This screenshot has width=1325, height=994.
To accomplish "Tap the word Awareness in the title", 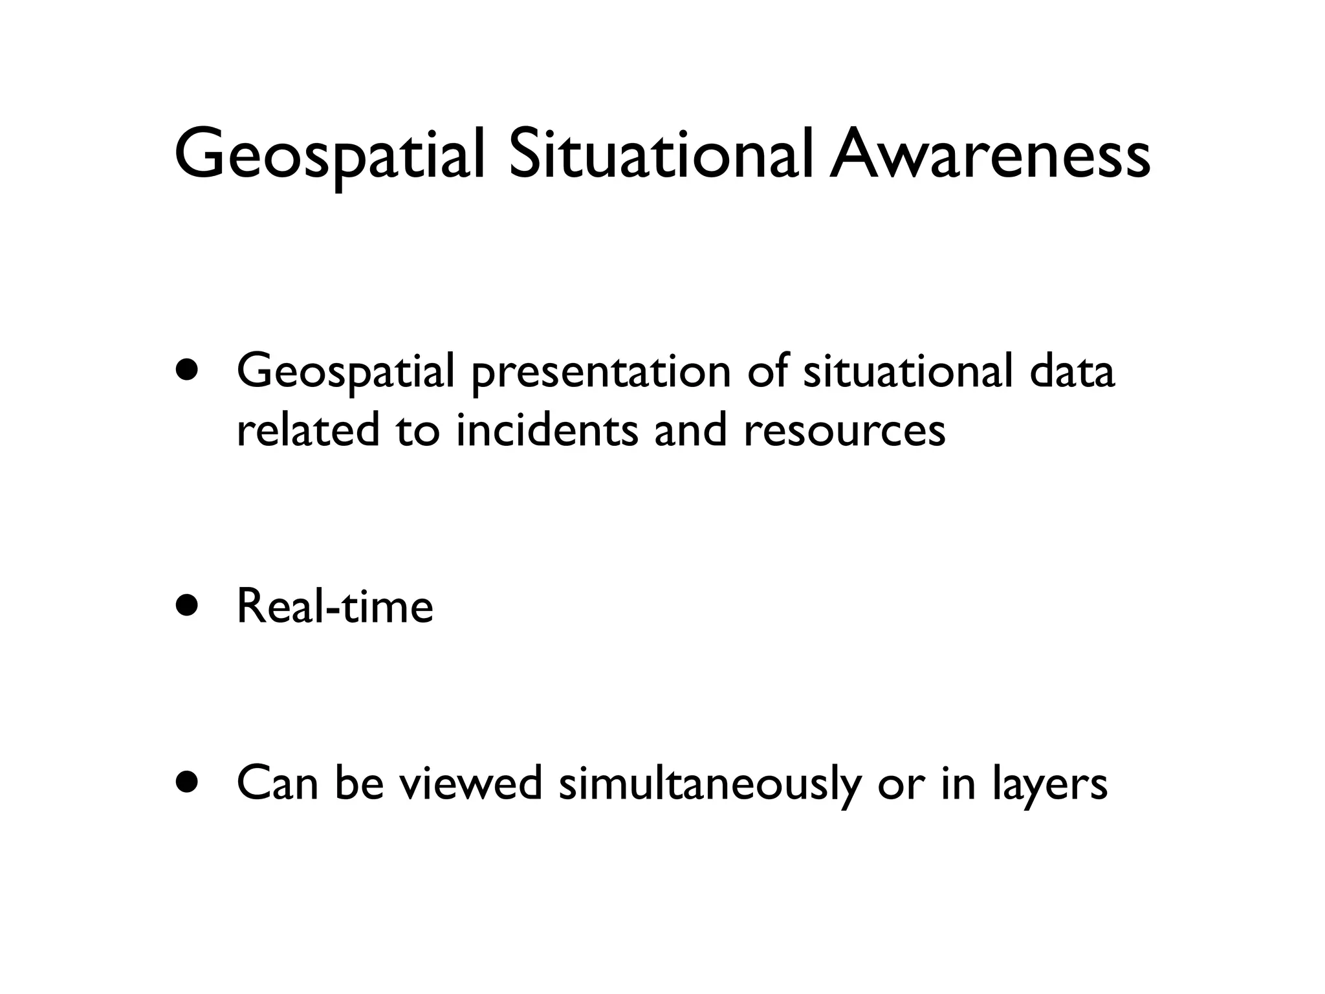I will (990, 155).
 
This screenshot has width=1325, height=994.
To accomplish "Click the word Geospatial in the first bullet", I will (346, 374).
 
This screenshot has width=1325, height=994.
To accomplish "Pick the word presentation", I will (601, 374).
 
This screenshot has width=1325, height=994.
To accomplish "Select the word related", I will (308, 430).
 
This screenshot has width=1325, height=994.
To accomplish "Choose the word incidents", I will (547, 430).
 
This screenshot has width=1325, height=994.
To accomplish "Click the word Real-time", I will (334, 606).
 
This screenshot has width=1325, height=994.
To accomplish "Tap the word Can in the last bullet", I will (278, 783).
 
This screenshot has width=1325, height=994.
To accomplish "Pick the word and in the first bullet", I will (690, 430).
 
